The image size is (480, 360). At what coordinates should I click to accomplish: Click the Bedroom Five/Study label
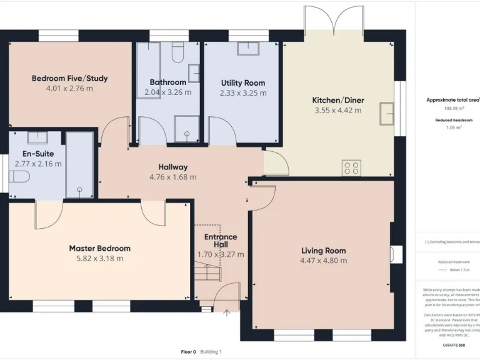tap(69, 78)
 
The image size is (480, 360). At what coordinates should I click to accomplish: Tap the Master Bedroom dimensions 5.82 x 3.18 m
tap(99, 258)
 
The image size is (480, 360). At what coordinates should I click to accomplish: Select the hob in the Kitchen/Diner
tap(351, 167)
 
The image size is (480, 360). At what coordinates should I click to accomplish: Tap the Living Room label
tap(323, 251)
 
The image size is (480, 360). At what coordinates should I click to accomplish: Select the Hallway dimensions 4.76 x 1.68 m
tap(172, 177)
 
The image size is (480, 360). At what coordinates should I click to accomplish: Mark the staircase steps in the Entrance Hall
tap(206, 273)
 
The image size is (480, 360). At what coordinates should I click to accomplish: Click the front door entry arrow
tap(227, 312)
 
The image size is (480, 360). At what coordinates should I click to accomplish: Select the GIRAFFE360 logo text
tap(453, 345)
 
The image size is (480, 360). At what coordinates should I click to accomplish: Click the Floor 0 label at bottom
tap(188, 352)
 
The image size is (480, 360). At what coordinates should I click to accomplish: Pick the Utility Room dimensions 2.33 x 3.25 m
tap(242, 93)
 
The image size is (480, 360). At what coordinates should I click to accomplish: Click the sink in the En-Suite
tap(37, 137)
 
